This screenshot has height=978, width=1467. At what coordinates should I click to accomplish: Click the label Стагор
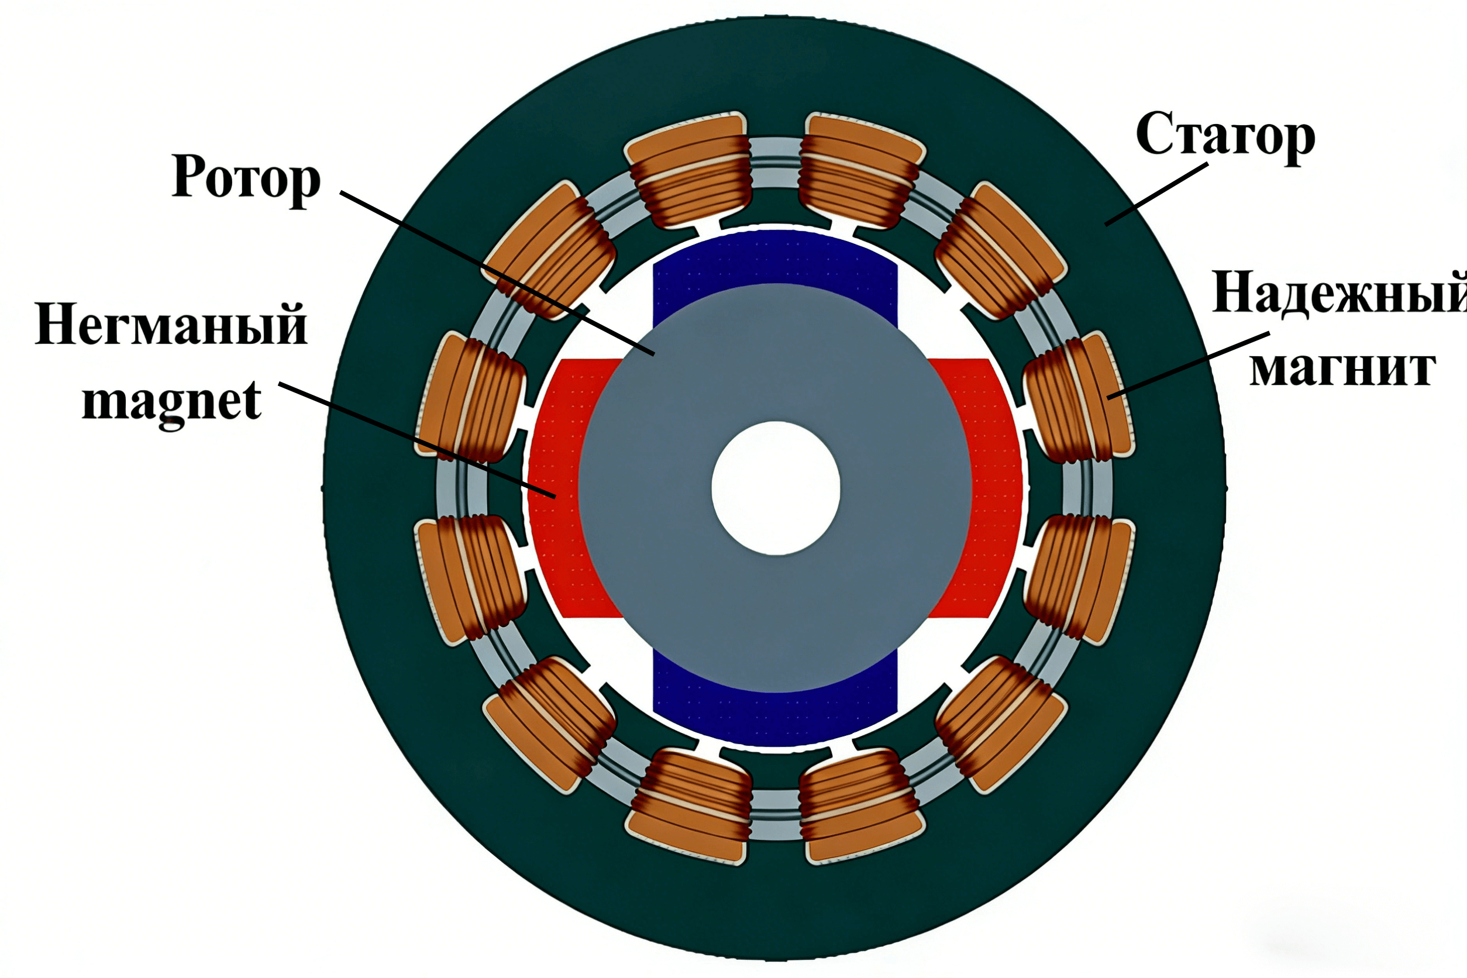point(1225,135)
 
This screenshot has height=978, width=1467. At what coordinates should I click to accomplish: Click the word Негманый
point(171,324)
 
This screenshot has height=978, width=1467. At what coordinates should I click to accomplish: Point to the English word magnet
point(171,402)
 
